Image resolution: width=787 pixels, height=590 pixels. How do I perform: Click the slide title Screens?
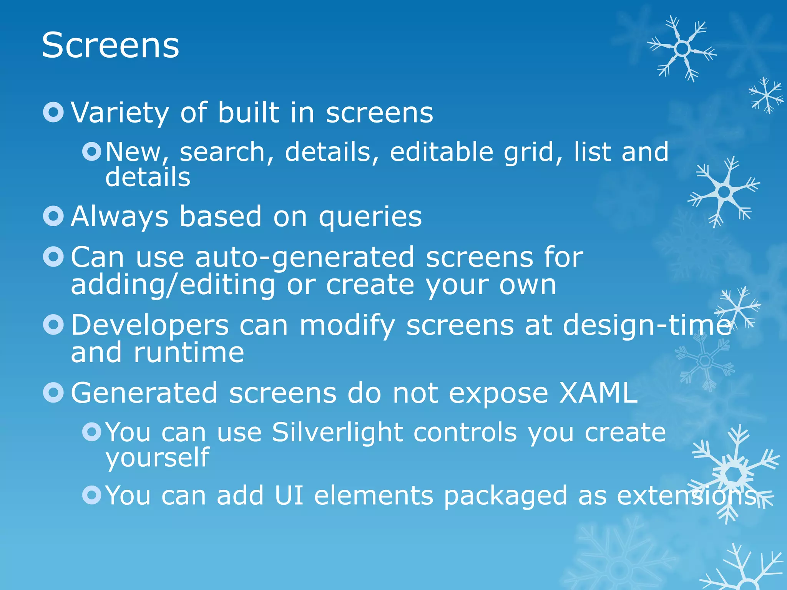(x=110, y=46)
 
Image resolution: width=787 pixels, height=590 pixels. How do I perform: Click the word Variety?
(x=120, y=113)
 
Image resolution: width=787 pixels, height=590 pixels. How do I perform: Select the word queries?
(x=370, y=217)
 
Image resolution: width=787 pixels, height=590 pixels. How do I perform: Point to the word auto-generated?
(x=305, y=257)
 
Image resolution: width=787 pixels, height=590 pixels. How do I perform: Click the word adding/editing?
(x=173, y=285)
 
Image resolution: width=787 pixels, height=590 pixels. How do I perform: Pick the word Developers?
(x=150, y=325)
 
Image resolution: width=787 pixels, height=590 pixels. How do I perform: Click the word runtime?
(x=188, y=353)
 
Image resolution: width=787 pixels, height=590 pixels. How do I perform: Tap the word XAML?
(x=598, y=393)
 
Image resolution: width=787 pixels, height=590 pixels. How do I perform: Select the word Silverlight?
(x=337, y=432)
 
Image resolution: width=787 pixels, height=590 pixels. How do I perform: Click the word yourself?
(x=158, y=458)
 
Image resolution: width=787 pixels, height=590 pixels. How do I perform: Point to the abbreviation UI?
(x=289, y=496)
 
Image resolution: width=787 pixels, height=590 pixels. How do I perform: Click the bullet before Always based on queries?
(x=53, y=216)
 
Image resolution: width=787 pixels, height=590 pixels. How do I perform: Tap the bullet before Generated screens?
(x=53, y=393)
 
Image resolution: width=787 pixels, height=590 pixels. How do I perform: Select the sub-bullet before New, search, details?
(x=92, y=152)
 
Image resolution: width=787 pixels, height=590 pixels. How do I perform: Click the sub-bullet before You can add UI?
(x=92, y=495)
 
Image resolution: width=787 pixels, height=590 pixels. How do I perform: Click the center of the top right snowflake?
(x=682, y=49)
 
